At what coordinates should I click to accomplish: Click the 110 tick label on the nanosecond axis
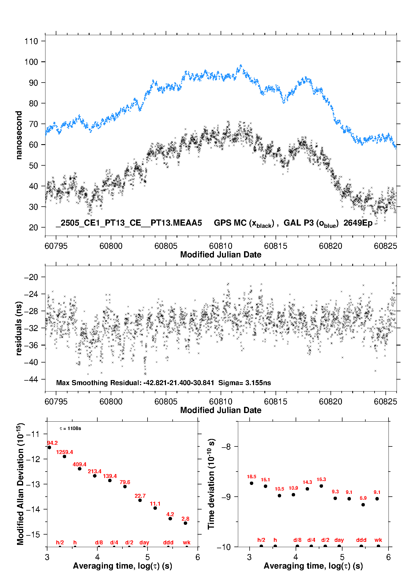click(31, 41)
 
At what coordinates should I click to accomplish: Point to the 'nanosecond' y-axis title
click(19, 135)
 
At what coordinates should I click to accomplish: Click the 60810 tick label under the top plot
click(221, 246)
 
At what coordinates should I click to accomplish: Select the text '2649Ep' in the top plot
click(358, 223)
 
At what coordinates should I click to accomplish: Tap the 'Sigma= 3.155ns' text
click(245, 383)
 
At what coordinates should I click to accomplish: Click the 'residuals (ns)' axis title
click(19, 328)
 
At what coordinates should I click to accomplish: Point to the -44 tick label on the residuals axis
click(31, 379)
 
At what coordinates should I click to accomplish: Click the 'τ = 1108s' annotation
click(70, 428)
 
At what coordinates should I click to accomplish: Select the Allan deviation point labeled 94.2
click(49, 447)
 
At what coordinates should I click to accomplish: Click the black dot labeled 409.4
click(79, 469)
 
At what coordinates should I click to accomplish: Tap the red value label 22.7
click(140, 496)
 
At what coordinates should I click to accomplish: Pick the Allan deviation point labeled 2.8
click(185, 523)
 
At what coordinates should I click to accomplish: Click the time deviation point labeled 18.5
click(252, 483)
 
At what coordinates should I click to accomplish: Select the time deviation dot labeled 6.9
click(363, 505)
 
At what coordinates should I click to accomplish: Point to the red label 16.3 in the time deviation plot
click(321, 479)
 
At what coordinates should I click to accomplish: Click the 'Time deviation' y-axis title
click(211, 484)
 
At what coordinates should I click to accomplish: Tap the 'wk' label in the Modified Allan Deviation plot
click(187, 542)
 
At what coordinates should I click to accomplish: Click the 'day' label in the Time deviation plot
click(339, 540)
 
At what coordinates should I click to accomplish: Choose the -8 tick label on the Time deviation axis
click(226, 447)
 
